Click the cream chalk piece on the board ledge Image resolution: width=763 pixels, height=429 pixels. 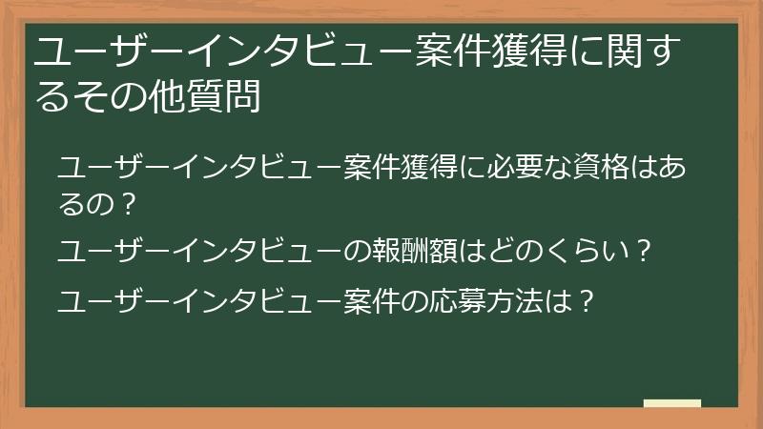[671, 403]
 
